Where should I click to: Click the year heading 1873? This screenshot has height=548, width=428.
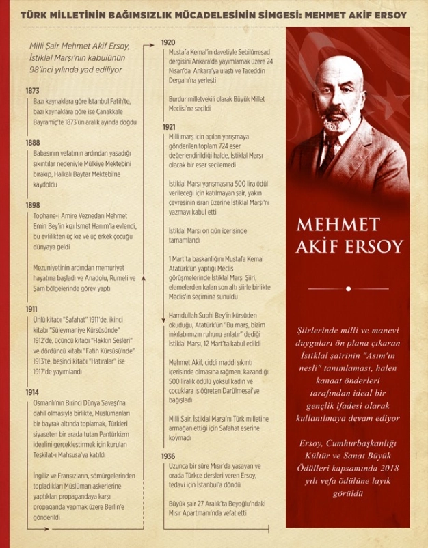(32, 91)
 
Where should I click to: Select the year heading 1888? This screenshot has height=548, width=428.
(32, 143)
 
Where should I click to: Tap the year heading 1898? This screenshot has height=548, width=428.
(32, 205)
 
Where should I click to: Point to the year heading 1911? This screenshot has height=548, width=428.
(31, 309)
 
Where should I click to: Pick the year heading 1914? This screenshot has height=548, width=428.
(32, 393)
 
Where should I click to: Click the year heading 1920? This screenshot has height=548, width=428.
(168, 42)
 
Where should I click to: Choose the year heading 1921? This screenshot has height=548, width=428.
(169, 127)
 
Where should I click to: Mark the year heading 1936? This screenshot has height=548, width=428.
(169, 456)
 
